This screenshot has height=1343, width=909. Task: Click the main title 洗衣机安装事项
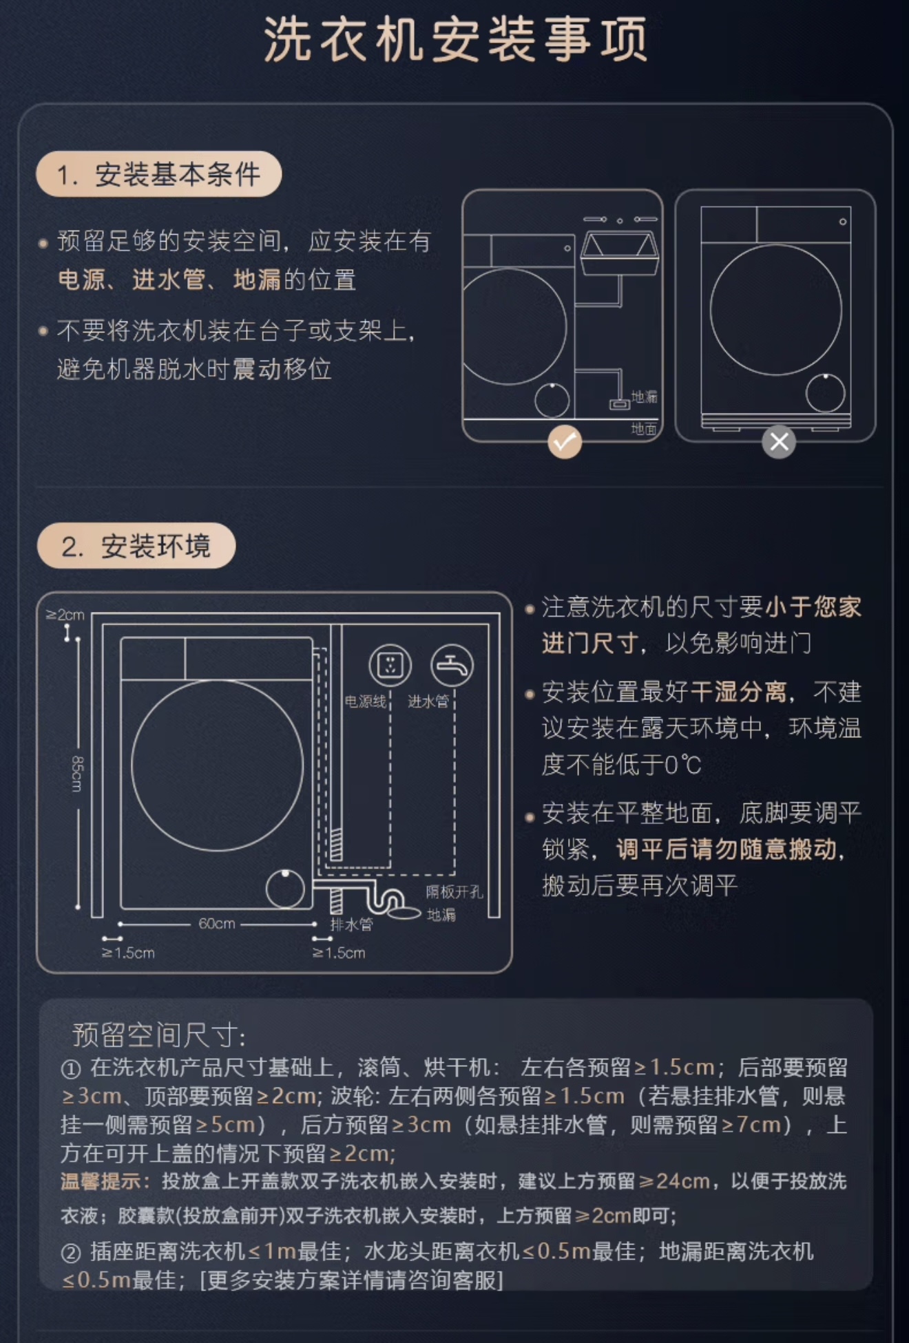point(455,39)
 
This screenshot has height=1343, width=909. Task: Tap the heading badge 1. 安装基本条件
point(159,174)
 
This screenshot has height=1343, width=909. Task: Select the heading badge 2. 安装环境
point(136,546)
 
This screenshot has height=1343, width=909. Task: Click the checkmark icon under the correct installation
point(565,442)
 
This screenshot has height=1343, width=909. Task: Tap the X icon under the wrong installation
point(779,442)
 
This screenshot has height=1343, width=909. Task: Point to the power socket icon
point(390,665)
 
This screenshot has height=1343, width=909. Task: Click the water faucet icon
point(452,665)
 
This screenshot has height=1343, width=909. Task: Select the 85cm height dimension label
point(77,773)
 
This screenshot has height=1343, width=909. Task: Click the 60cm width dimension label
point(217,924)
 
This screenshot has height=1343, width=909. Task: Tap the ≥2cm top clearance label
point(65,614)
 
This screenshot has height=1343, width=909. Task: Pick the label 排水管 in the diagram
point(351,924)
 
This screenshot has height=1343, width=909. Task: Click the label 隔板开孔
point(454,892)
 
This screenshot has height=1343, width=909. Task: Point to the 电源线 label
point(366,701)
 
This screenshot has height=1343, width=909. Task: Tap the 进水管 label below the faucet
point(428,701)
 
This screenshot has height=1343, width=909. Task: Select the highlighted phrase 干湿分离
point(738,692)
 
